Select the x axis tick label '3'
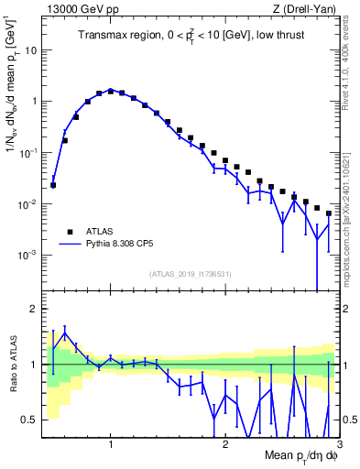click(x=339, y=446)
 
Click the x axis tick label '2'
click(x=225, y=446)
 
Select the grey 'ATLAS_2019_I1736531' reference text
click(x=190, y=275)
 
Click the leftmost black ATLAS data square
click(x=53, y=185)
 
